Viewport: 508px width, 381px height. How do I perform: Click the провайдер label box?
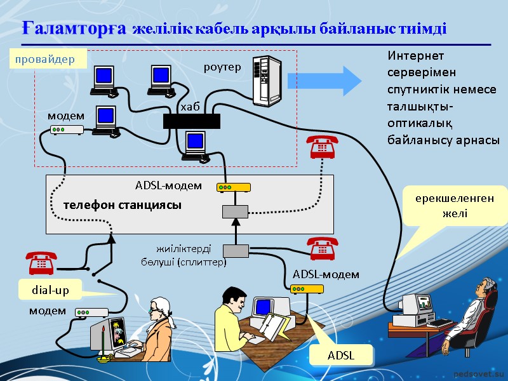[46, 60]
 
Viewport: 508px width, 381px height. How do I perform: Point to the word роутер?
[222, 67]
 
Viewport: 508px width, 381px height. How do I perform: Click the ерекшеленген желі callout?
[455, 206]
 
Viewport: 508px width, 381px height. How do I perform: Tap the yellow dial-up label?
[50, 290]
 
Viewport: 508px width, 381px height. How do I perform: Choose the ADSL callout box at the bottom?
[341, 356]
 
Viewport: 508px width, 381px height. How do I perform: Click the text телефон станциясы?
[122, 205]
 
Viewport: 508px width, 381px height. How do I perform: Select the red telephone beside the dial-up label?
[41, 262]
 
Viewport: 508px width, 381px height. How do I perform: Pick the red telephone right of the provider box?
[321, 148]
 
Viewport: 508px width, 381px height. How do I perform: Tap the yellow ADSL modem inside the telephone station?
[234, 187]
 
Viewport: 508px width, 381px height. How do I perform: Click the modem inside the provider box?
[67, 130]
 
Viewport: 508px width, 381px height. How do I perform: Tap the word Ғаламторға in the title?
[75, 29]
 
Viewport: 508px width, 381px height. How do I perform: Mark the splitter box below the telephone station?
[236, 253]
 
